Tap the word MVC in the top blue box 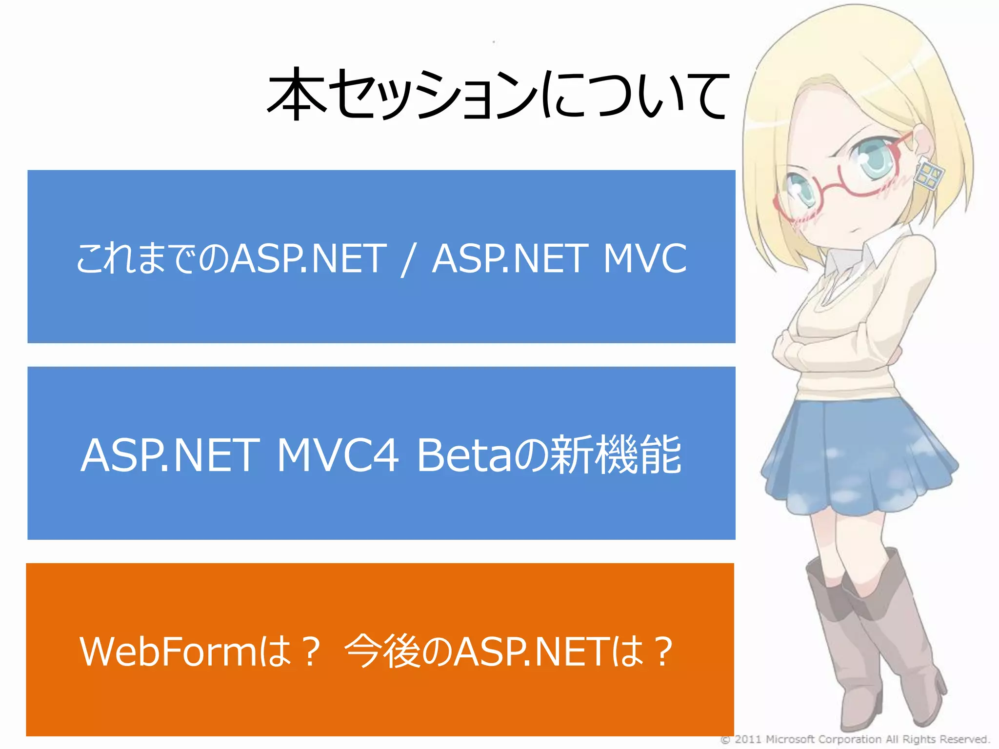(x=644, y=258)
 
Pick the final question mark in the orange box (x=663, y=651)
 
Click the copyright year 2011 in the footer (x=747, y=739)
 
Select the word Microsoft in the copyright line (x=790, y=739)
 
